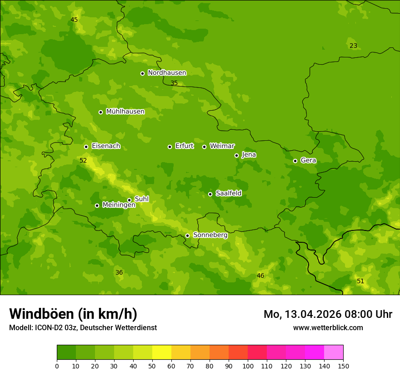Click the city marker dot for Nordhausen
[142, 73]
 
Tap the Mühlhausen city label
[125, 112]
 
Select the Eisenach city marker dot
[86, 147]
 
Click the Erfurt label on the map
[184, 146]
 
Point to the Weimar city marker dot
[204, 147]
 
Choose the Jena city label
[249, 155]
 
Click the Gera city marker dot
[295, 161]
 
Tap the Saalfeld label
[228, 194]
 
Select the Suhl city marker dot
[129, 200]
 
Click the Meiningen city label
[119, 205]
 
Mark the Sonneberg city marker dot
[187, 235]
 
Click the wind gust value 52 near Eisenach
[83, 161]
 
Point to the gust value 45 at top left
[74, 20]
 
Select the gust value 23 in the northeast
[353, 46]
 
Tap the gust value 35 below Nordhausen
[174, 83]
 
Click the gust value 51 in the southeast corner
[360, 281]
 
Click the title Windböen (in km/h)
[73, 314]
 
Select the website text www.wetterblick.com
[328, 327]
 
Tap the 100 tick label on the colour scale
[248, 366]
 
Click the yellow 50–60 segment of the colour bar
[162, 352]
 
